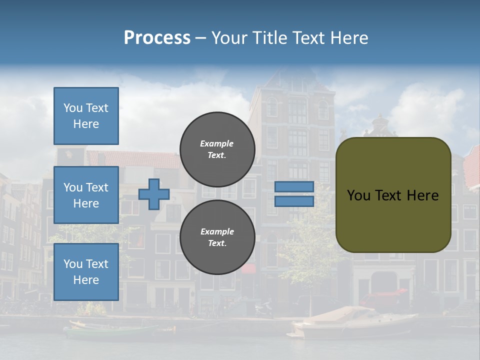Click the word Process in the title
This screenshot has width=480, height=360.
pyautogui.click(x=157, y=38)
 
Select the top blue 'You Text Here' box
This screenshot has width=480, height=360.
pyautogui.click(x=86, y=116)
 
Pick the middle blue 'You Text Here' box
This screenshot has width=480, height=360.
pyautogui.click(x=86, y=195)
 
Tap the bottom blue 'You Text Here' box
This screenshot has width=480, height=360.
pyautogui.click(x=86, y=272)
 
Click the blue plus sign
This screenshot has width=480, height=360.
pyautogui.click(x=154, y=194)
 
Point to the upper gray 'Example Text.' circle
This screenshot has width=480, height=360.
pyautogui.click(x=217, y=149)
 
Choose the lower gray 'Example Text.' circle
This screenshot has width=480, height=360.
pyautogui.click(x=217, y=237)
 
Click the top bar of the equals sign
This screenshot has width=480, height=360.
pyautogui.click(x=294, y=186)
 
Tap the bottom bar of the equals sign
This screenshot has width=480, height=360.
pyautogui.click(x=294, y=201)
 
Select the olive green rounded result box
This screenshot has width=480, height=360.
pyautogui.click(x=393, y=195)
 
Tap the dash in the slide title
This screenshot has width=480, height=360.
pyautogui.click(x=200, y=38)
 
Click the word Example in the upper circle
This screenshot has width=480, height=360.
pyautogui.click(x=216, y=143)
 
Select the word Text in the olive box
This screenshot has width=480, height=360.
pyautogui.click(x=388, y=195)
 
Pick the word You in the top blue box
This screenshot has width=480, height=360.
pyautogui.click(x=72, y=108)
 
